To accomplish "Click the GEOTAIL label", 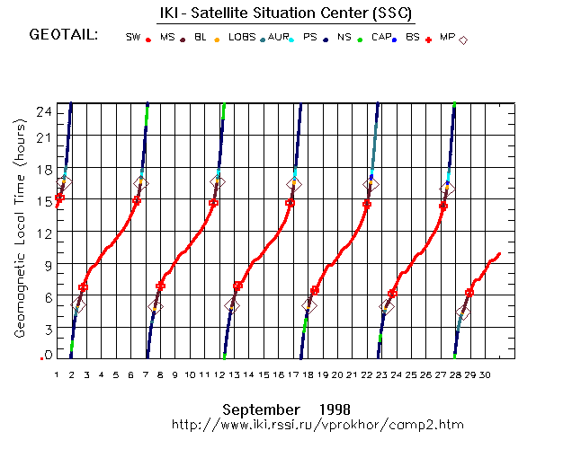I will tap(64, 36).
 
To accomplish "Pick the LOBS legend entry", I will tap(242, 38).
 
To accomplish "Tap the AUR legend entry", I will tap(278, 38).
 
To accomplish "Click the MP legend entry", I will tap(447, 38).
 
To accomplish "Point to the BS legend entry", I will tap(413, 38).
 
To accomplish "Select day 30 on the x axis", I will tap(485, 374).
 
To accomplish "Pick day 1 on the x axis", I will tap(57, 374).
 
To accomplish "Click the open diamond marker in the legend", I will tap(463, 40).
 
